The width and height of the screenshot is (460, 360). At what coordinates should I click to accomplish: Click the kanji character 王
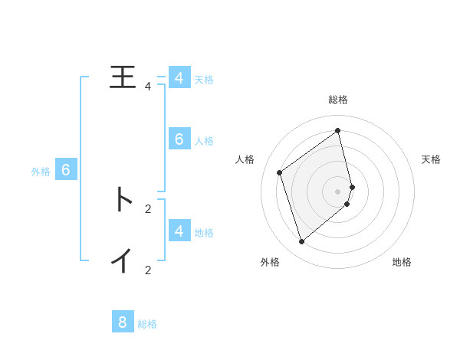click(x=123, y=77)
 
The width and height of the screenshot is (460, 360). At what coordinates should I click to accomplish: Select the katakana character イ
click(x=123, y=260)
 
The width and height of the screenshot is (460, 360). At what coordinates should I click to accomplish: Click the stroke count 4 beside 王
click(x=148, y=87)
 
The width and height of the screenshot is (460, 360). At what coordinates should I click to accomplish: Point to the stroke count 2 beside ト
click(x=148, y=208)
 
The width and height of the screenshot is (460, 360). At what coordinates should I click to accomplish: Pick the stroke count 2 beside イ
click(x=148, y=270)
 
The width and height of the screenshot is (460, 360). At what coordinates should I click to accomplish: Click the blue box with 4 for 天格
click(x=179, y=78)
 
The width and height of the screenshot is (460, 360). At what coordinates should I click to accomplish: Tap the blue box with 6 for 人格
click(x=179, y=139)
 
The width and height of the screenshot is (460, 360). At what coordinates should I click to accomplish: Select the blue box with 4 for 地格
click(x=179, y=230)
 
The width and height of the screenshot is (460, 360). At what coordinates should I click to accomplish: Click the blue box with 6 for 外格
click(x=66, y=170)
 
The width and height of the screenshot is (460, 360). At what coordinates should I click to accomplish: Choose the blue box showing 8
click(x=123, y=322)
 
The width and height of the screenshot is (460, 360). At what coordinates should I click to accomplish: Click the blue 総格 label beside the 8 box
click(x=147, y=324)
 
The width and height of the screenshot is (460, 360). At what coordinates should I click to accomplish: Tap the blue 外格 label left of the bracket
click(x=41, y=172)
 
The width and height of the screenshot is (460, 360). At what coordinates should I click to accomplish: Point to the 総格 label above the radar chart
click(x=338, y=100)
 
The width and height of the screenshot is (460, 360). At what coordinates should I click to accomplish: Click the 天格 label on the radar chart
click(x=432, y=159)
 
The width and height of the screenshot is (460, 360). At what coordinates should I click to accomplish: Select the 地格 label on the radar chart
click(x=402, y=262)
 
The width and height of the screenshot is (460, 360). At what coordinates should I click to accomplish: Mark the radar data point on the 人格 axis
click(x=280, y=172)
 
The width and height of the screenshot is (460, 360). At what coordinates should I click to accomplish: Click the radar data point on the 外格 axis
click(x=301, y=241)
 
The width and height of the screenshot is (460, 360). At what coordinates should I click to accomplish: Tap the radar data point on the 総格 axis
click(x=338, y=130)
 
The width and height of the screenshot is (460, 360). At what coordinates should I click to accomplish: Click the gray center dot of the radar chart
click(x=338, y=191)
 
